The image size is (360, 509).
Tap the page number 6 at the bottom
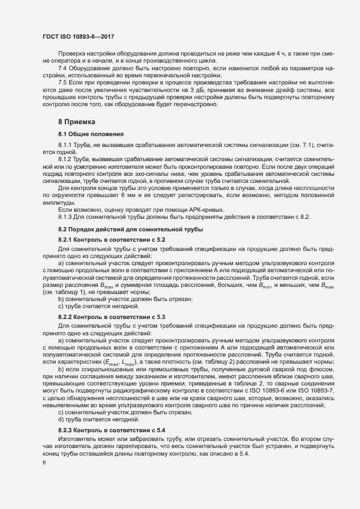(44, 463)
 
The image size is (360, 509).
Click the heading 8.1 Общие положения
(90, 133)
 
